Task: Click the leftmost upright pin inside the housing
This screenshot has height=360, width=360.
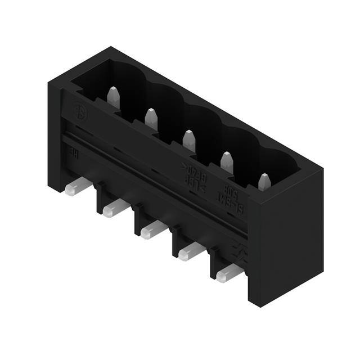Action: point(113,97)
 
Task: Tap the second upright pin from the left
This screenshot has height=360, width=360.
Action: point(151,119)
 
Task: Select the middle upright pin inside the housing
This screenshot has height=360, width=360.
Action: point(189,140)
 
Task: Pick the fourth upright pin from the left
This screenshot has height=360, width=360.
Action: point(227,162)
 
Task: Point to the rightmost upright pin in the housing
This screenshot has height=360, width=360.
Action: point(264,182)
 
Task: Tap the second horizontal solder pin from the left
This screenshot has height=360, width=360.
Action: point(115,208)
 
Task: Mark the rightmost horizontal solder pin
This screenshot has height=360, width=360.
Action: point(229,273)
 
